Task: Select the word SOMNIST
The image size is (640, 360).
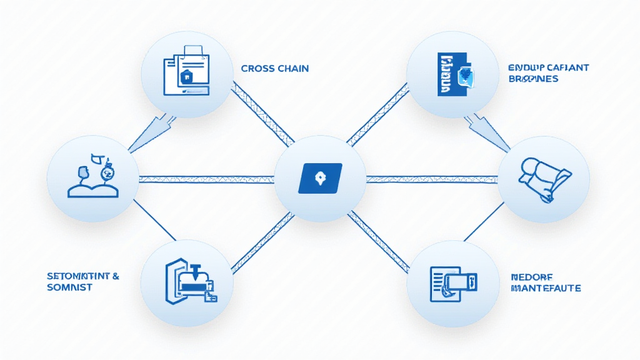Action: point(69,287)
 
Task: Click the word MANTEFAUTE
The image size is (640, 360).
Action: point(546,288)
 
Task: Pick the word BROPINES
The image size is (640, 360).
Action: point(534,79)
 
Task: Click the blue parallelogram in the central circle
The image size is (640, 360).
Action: point(320,177)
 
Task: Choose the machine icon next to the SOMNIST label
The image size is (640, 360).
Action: point(188,281)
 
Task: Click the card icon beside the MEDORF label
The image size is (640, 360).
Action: point(452,282)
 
